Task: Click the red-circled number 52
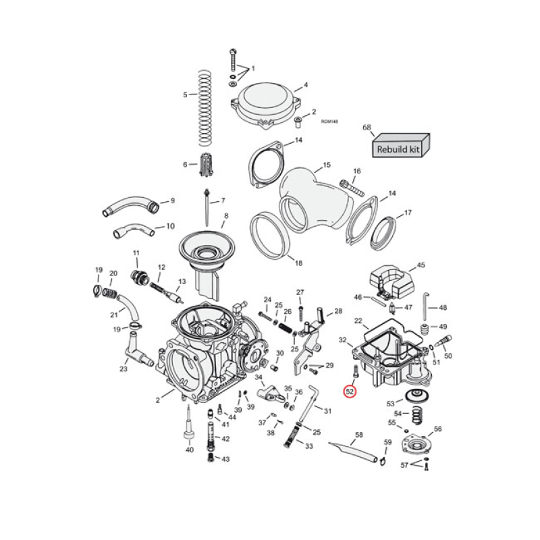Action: pos(350,391)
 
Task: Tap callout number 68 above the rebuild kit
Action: pos(367,128)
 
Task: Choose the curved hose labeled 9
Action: pos(130,205)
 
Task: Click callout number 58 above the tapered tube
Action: pos(358,435)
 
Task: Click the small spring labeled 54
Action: pos(414,413)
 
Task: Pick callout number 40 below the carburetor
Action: pos(190,450)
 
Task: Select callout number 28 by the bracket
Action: pos(338,311)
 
